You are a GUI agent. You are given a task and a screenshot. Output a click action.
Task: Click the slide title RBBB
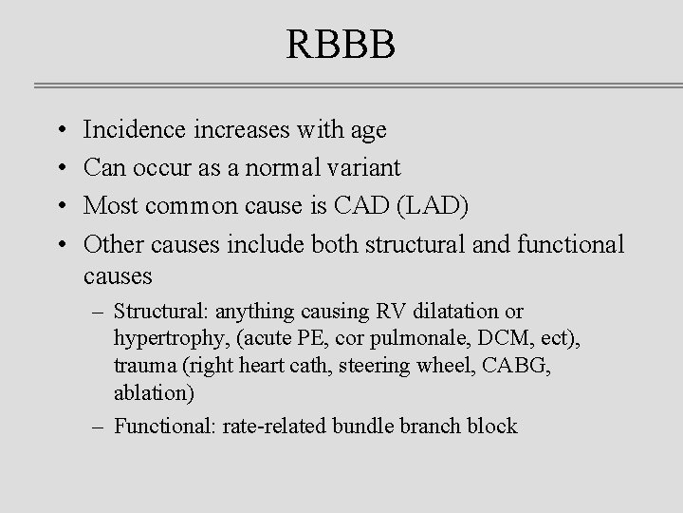341,45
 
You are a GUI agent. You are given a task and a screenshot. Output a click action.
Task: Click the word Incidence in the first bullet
137,129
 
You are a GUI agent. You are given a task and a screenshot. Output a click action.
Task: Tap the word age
366,131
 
